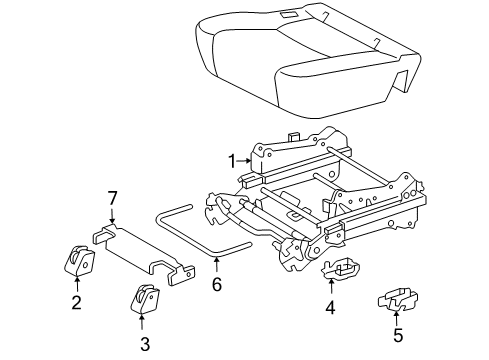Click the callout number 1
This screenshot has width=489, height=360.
232,161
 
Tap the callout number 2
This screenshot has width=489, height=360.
77,303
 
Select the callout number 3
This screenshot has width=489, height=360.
145,344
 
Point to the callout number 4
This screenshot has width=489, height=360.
330,308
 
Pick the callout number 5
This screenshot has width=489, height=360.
398,335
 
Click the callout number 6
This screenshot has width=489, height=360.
217,285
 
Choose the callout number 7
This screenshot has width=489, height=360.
112,199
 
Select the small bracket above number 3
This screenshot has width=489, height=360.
144,299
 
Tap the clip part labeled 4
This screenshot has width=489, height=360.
341,268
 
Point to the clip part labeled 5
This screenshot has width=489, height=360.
398,298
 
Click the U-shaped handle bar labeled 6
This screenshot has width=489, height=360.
200,233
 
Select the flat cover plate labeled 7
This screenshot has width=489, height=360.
143,254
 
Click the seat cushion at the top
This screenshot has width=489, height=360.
306,59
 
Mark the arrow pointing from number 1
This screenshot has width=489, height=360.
244,161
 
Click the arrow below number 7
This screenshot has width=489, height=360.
112,215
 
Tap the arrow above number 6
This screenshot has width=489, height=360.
217,267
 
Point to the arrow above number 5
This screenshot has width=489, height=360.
396,317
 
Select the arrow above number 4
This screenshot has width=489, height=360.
331,287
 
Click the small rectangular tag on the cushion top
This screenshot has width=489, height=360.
287,14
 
